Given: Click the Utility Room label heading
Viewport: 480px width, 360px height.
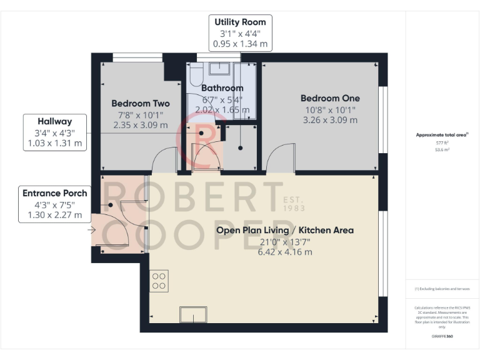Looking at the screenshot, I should tap(241, 22).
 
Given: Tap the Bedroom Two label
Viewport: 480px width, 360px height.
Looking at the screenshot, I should tap(140, 103).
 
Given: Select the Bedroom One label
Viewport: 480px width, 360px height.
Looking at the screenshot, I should tap(330, 98).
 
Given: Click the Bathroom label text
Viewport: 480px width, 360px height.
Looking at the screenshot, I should tap(222, 88).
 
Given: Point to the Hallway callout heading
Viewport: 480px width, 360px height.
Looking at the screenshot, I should tap(54, 121).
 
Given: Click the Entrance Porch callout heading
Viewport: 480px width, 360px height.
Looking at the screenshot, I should tap(54, 193).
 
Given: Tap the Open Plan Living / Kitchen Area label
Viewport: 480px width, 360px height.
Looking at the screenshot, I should tap(284, 230).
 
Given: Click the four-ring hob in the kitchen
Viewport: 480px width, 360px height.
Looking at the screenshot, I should tap(159, 279).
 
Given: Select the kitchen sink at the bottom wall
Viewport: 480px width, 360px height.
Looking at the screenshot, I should tap(193, 315).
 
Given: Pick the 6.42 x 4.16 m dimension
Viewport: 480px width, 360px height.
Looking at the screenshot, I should tap(284, 252).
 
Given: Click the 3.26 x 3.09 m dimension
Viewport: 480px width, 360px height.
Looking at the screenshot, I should tap(330, 120).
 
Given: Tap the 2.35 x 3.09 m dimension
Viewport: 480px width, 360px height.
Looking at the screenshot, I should tap(140, 125).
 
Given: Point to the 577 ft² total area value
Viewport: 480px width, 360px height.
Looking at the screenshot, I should tap(442, 143).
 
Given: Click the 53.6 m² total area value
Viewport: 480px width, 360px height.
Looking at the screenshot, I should tap(442, 150).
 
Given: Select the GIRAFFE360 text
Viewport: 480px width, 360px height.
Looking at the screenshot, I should tap(442, 337).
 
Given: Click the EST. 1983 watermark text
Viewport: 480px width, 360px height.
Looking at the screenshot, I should tap(294, 204).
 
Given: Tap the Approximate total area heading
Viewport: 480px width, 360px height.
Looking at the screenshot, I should tap(442, 135).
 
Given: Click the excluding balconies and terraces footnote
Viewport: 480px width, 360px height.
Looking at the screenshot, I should tap(442, 289).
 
